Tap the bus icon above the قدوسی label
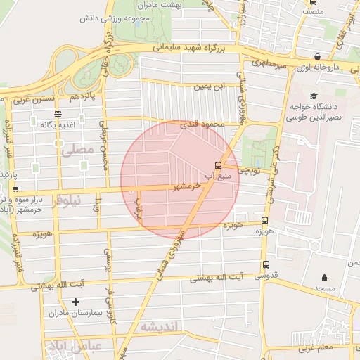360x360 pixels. coord(265,264)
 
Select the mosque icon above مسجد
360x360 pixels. coord(324,278)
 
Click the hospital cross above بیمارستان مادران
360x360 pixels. coord(76,302)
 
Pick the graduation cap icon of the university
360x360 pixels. coord(313,96)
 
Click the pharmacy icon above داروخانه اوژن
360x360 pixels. coord(318,56)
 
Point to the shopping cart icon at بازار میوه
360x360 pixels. coord(15,188)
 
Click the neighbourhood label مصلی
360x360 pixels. coord(77,149)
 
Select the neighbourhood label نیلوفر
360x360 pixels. coord(67,200)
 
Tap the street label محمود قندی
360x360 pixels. coord(201,124)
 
